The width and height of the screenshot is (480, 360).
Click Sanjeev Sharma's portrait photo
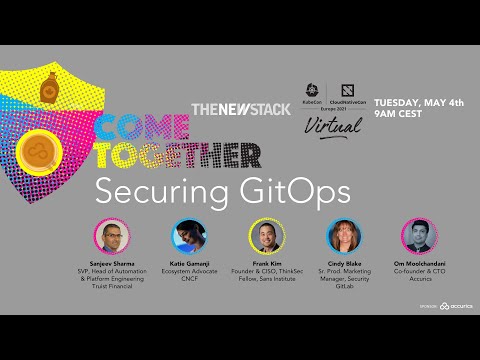(x=112, y=236)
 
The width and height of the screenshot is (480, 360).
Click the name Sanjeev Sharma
(x=112, y=264)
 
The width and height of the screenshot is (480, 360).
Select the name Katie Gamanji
(x=189, y=264)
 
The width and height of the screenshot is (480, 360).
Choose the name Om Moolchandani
(x=414, y=264)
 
